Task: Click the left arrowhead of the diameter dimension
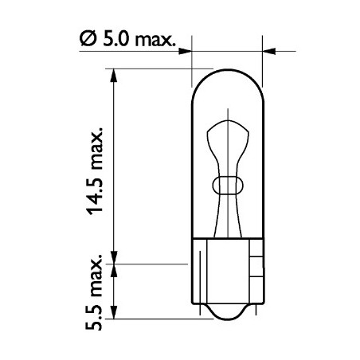[x=188, y=53]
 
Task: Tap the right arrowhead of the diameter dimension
[x=268, y=53]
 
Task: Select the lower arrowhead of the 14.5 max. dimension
[x=116, y=254]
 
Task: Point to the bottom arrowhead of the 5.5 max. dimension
[x=116, y=315]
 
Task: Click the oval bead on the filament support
[x=229, y=185]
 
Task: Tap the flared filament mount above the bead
[x=229, y=135]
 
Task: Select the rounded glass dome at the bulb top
[x=229, y=80]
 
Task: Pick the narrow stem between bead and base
[x=229, y=215]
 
